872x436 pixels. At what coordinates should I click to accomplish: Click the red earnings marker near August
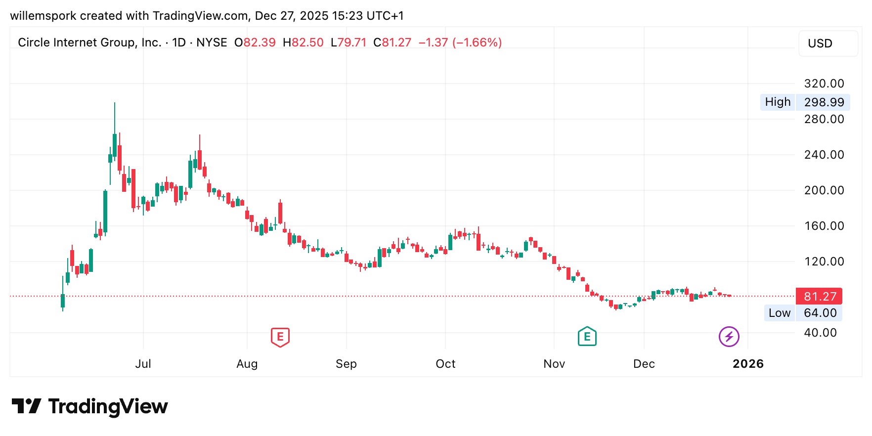pos(280,337)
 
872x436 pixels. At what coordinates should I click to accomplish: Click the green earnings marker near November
pos(587,337)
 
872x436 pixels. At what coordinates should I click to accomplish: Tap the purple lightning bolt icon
pos(729,337)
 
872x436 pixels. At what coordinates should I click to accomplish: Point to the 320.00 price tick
pos(824,84)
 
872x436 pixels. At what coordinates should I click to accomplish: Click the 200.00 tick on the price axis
pos(824,190)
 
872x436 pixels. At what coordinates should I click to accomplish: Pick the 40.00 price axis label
pos(820,333)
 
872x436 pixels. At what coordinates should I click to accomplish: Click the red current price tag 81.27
pos(819,297)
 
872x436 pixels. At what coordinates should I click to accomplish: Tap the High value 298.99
pos(824,102)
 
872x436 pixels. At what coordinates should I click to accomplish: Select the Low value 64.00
pos(820,313)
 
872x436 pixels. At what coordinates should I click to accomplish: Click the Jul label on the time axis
pos(143,364)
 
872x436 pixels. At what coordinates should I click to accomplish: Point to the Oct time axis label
pos(445,364)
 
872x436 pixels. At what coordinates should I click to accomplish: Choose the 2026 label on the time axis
pos(747,364)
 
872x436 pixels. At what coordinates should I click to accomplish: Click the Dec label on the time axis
pos(644,364)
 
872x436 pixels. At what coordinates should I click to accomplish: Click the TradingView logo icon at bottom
pos(26,406)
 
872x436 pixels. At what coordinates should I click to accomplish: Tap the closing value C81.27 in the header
pos(392,43)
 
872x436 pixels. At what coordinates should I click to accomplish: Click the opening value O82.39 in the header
pos(255,43)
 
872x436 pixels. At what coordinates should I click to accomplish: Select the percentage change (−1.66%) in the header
pos(479,43)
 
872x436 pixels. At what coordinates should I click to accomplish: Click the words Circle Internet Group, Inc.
pos(89,43)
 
